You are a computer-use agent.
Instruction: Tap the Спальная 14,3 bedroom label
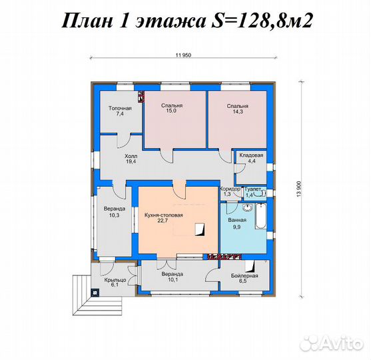237,109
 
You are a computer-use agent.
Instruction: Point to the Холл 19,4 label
131,158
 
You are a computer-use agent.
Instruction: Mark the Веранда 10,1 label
173,277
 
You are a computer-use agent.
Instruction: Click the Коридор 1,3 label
230,191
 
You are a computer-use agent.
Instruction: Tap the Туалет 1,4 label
254,191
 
